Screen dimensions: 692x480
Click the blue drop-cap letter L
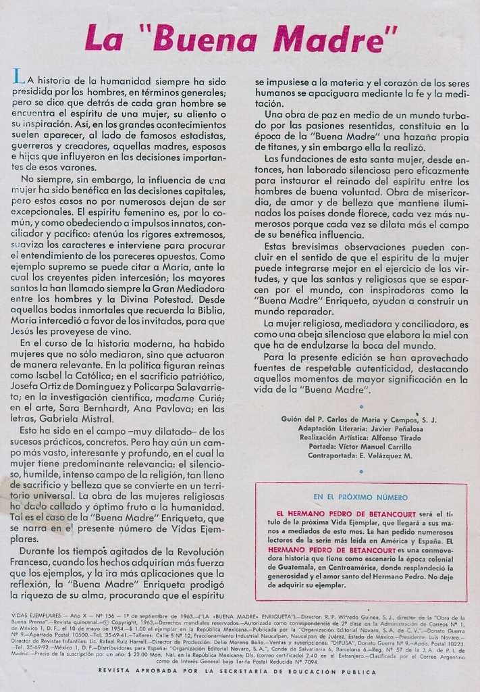[x=18, y=77]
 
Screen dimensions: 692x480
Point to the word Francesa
[x=32, y=562]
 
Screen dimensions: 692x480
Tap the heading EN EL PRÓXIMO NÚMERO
[x=361, y=497]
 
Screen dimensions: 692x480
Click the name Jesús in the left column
[x=25, y=332]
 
